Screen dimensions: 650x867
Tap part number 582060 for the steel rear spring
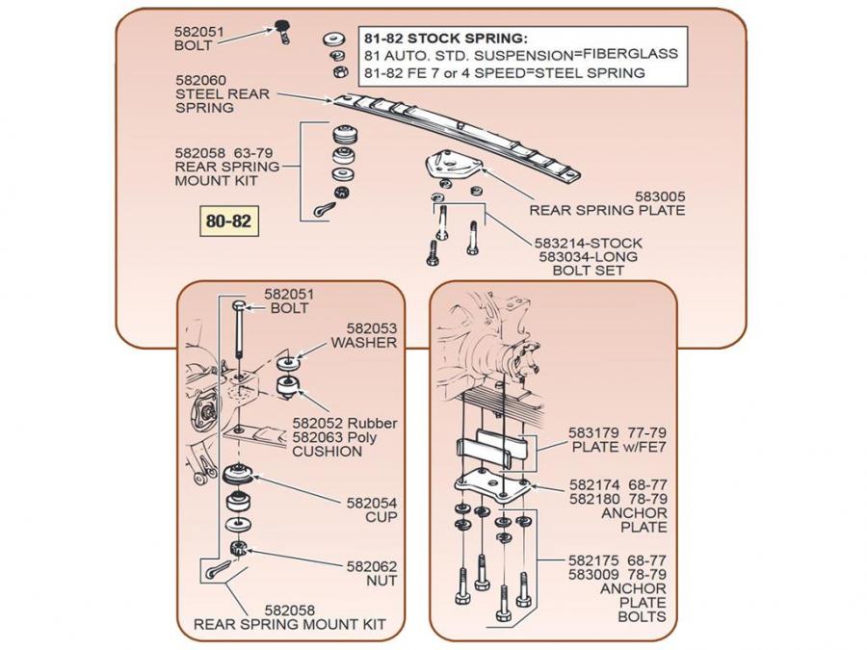click(201, 80)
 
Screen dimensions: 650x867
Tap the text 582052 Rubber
click(344, 423)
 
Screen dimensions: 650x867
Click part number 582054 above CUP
click(372, 503)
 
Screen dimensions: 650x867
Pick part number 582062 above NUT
click(372, 566)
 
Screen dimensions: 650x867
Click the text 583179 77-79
click(617, 433)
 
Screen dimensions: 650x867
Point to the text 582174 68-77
click(617, 484)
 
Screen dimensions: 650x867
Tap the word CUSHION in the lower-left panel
click(328, 452)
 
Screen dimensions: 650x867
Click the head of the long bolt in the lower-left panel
click(237, 305)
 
